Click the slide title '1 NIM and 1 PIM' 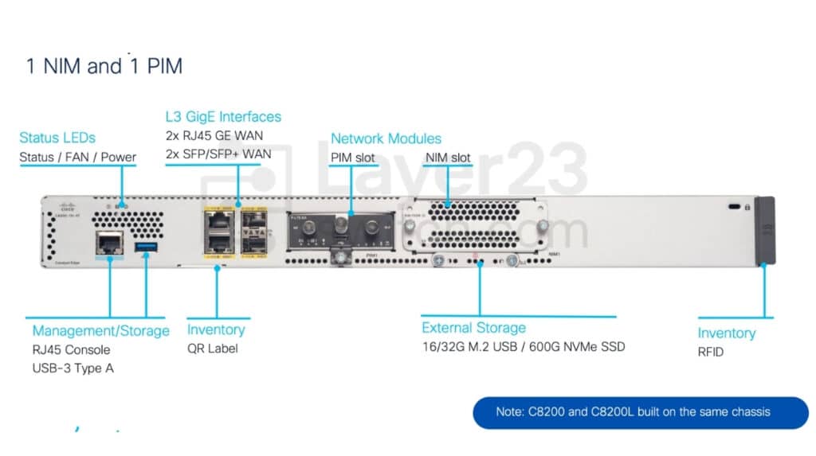click(x=104, y=66)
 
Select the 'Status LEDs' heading click(x=57, y=138)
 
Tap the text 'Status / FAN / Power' click(x=77, y=158)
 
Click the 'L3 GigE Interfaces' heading click(x=223, y=117)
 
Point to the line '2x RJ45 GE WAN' click(x=214, y=135)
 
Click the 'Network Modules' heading click(x=386, y=138)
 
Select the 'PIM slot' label click(x=353, y=158)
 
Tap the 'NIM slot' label click(x=448, y=158)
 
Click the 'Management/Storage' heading click(x=100, y=330)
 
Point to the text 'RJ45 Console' click(x=71, y=350)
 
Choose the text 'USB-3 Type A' click(x=73, y=368)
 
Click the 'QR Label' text click(x=212, y=349)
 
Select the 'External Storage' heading click(x=473, y=327)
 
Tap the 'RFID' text click(x=711, y=352)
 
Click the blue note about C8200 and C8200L click(x=641, y=412)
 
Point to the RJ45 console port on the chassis click(x=109, y=242)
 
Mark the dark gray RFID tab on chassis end click(x=764, y=230)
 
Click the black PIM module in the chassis click(x=341, y=231)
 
